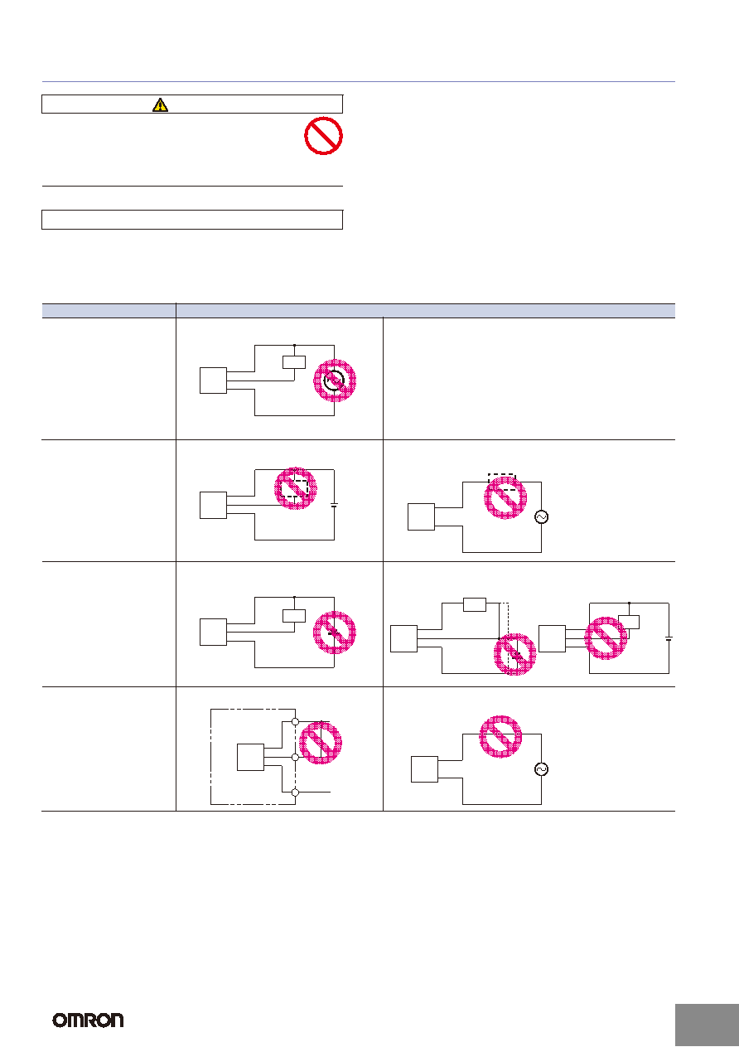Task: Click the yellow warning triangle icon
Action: tap(160, 104)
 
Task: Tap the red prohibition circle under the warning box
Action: tap(323, 136)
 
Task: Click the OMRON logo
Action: tap(88, 1020)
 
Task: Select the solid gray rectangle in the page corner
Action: tap(707, 1025)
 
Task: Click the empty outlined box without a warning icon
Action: tap(192, 220)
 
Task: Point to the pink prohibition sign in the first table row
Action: tap(335, 381)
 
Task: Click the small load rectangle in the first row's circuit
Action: tap(294, 362)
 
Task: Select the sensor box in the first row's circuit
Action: tap(213, 381)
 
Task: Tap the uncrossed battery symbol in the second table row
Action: tap(334, 505)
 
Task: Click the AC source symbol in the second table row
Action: tap(541, 517)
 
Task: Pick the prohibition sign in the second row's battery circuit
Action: tap(295, 488)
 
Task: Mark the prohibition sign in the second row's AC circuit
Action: tap(505, 497)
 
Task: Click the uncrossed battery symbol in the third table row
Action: tap(669, 638)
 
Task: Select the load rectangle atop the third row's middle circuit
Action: tap(475, 605)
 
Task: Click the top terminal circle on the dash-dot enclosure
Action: tap(295, 722)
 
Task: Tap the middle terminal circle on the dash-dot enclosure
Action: tap(295, 757)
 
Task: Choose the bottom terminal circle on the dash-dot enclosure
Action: tap(295, 793)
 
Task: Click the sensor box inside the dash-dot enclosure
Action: tap(250, 757)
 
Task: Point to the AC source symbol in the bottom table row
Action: tap(541, 769)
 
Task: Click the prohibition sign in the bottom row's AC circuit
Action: tap(500, 736)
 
